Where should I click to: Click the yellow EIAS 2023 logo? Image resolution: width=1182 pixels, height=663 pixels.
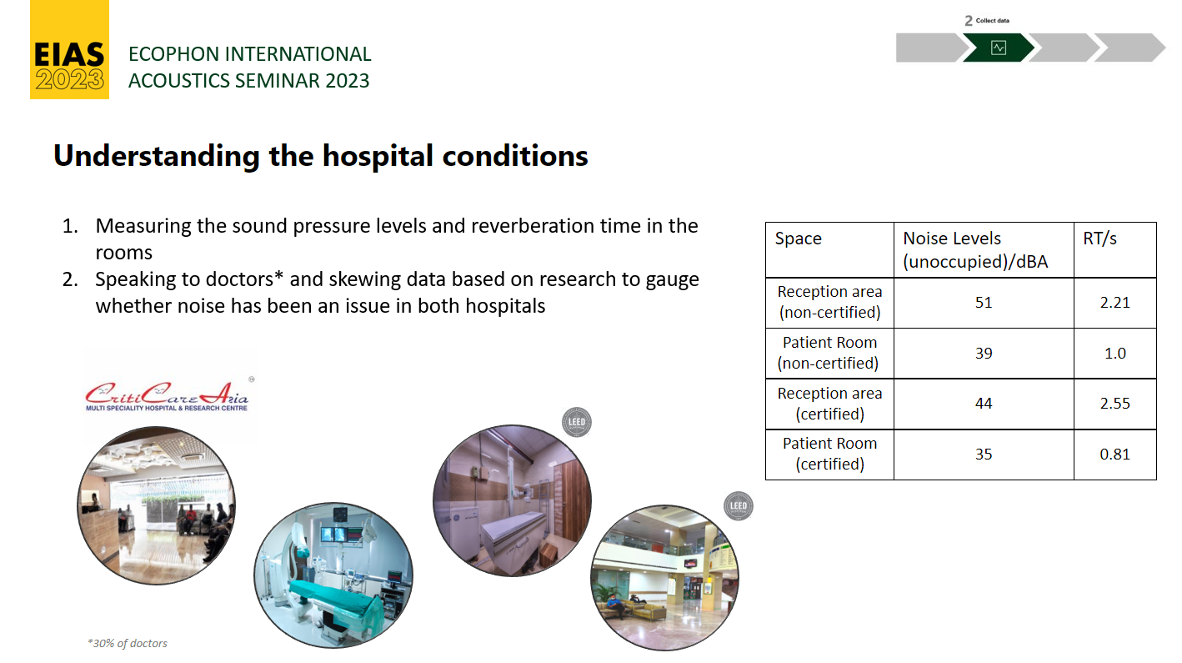(x=69, y=50)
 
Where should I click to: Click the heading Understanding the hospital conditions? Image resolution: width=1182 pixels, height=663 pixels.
(x=321, y=157)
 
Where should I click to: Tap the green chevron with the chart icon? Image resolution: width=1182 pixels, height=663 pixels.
(x=998, y=48)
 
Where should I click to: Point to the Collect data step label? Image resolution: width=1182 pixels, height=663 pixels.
(x=992, y=21)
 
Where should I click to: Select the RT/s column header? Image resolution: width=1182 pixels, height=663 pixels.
(x=1099, y=239)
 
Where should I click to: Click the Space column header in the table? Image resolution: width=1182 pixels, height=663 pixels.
(x=798, y=239)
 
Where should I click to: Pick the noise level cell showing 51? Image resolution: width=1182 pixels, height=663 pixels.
(x=984, y=303)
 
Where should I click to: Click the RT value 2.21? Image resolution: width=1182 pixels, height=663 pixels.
(x=1114, y=303)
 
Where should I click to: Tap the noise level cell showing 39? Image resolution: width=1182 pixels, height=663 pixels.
(x=984, y=354)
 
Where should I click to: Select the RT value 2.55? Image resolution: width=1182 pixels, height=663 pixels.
(x=1114, y=404)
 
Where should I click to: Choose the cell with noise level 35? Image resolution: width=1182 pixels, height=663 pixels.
(x=984, y=455)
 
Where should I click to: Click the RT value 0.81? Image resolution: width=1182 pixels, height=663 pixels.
(x=1114, y=455)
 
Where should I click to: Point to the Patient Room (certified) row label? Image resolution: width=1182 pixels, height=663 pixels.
(x=829, y=455)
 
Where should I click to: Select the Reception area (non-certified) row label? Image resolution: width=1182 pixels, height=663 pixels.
(x=829, y=303)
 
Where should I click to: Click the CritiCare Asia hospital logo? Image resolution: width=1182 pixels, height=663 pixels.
(x=168, y=395)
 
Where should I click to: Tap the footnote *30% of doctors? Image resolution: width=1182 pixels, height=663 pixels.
(x=127, y=643)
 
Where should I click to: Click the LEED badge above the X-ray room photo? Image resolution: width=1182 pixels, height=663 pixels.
(x=576, y=422)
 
